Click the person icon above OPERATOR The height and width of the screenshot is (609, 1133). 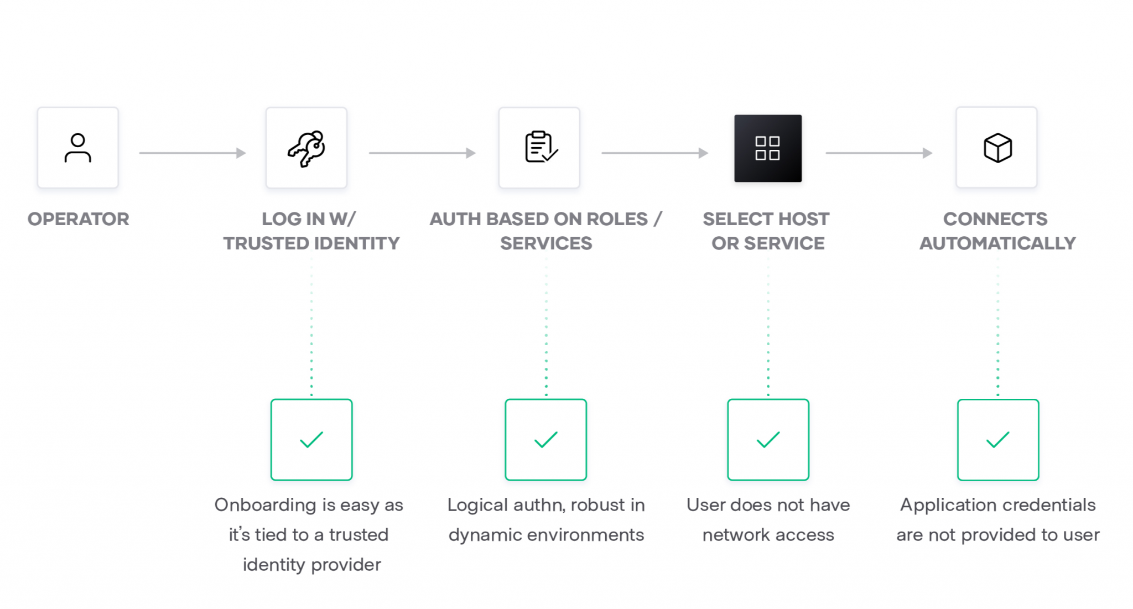point(78,148)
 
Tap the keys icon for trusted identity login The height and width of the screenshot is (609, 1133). point(306,148)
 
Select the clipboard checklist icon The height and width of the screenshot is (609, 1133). point(539,148)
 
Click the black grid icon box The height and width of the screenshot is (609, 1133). point(768,148)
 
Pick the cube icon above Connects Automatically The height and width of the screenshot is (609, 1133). point(997,148)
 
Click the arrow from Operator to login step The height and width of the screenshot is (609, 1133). point(192,153)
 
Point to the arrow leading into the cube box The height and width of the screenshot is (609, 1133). point(879,153)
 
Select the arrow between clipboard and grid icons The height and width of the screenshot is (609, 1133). point(654,153)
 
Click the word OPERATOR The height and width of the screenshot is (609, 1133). point(79,219)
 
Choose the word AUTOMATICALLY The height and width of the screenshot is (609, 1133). point(997,243)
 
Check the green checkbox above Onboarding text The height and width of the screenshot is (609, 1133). point(311,440)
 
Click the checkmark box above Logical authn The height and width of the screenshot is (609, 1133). point(545,440)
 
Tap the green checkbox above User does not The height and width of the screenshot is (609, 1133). point(768,440)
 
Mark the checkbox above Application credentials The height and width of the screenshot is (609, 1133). point(998,440)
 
